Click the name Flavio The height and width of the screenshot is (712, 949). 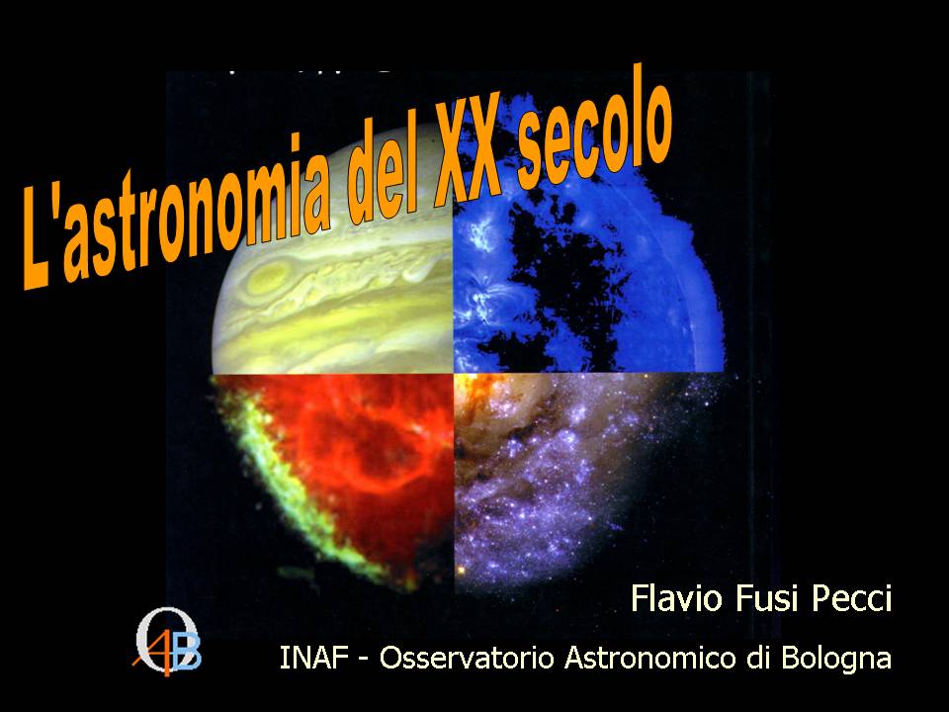[673, 599]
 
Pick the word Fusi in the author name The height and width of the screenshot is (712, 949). [767, 599]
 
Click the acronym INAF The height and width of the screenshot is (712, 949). [311, 658]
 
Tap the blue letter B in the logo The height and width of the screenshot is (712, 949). [187, 653]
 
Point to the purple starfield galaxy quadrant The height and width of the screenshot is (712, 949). [573, 475]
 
